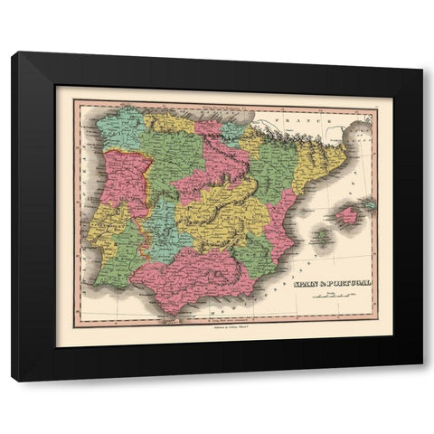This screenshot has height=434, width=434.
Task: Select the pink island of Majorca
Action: click(347, 215)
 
